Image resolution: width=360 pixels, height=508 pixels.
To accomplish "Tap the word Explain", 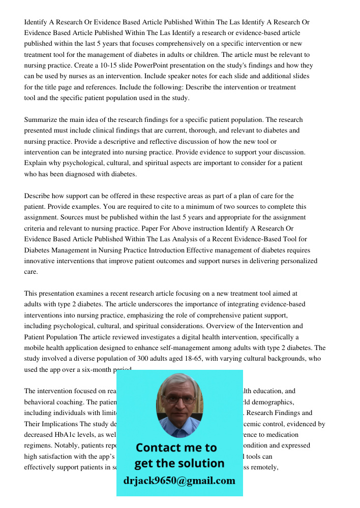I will tap(36, 163).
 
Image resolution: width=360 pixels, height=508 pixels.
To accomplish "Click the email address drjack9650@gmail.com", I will tap(179, 481).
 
